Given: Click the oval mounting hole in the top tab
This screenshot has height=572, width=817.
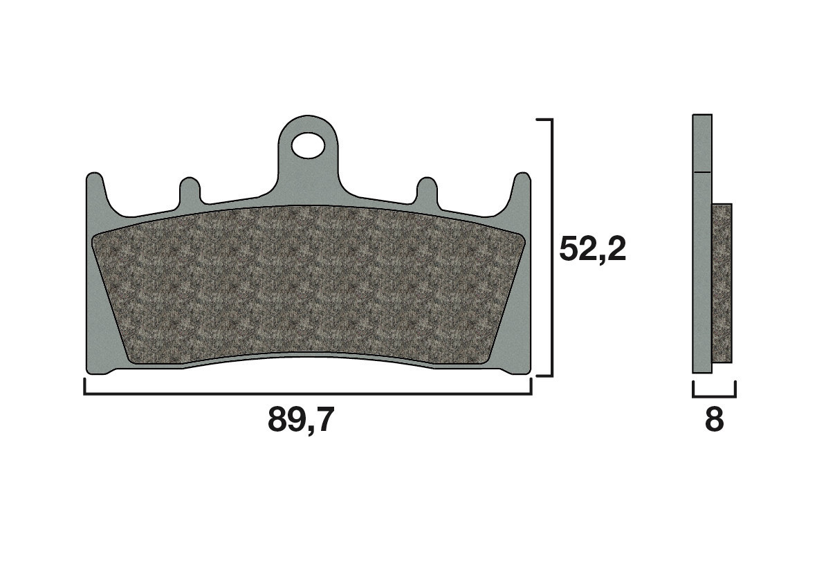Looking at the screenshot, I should pyautogui.click(x=307, y=145).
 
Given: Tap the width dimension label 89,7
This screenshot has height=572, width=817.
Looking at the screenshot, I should pyautogui.click(x=300, y=420).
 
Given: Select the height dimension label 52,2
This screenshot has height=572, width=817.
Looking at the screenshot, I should pyautogui.click(x=592, y=249).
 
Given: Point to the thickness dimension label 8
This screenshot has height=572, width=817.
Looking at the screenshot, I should pyautogui.click(x=713, y=420).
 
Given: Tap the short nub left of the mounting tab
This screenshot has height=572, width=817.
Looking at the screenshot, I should pyautogui.click(x=190, y=190).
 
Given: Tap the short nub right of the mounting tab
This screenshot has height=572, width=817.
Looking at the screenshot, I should pyautogui.click(x=427, y=190).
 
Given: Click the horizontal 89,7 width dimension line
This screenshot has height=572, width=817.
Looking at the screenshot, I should pyautogui.click(x=307, y=394).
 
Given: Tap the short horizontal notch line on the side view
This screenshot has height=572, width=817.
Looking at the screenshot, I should pyautogui.click(x=701, y=171).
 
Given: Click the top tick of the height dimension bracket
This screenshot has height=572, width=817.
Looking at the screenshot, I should pyautogui.click(x=544, y=120).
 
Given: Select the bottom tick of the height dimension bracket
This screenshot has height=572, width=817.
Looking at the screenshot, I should pyautogui.click(x=544, y=376).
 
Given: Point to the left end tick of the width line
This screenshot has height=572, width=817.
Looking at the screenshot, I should pyautogui.click(x=84, y=387).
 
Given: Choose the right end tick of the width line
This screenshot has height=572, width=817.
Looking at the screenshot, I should pyautogui.click(x=531, y=387).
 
